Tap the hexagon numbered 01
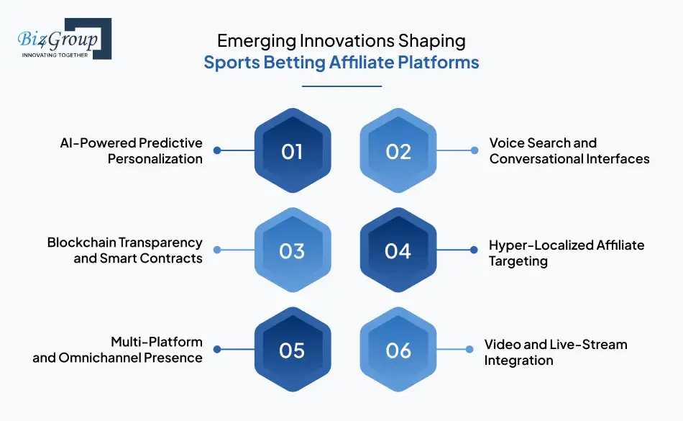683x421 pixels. pyautogui.click(x=292, y=152)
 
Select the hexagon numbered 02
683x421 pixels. pyautogui.click(x=398, y=152)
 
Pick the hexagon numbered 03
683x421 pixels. pyautogui.click(x=292, y=250)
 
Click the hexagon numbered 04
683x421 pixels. pyautogui.click(x=398, y=250)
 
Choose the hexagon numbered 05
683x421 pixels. pyautogui.click(x=292, y=350)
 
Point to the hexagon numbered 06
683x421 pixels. pyautogui.click(x=398, y=350)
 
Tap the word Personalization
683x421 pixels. pyautogui.click(x=155, y=158)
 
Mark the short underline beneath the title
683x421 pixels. pyautogui.click(x=341, y=86)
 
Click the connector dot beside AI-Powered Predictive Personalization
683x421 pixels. pyautogui.click(x=217, y=150)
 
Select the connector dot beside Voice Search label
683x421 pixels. pyautogui.click(x=474, y=150)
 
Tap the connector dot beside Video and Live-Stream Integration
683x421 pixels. pyautogui.click(x=469, y=350)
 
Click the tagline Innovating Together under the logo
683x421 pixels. pyautogui.click(x=55, y=54)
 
